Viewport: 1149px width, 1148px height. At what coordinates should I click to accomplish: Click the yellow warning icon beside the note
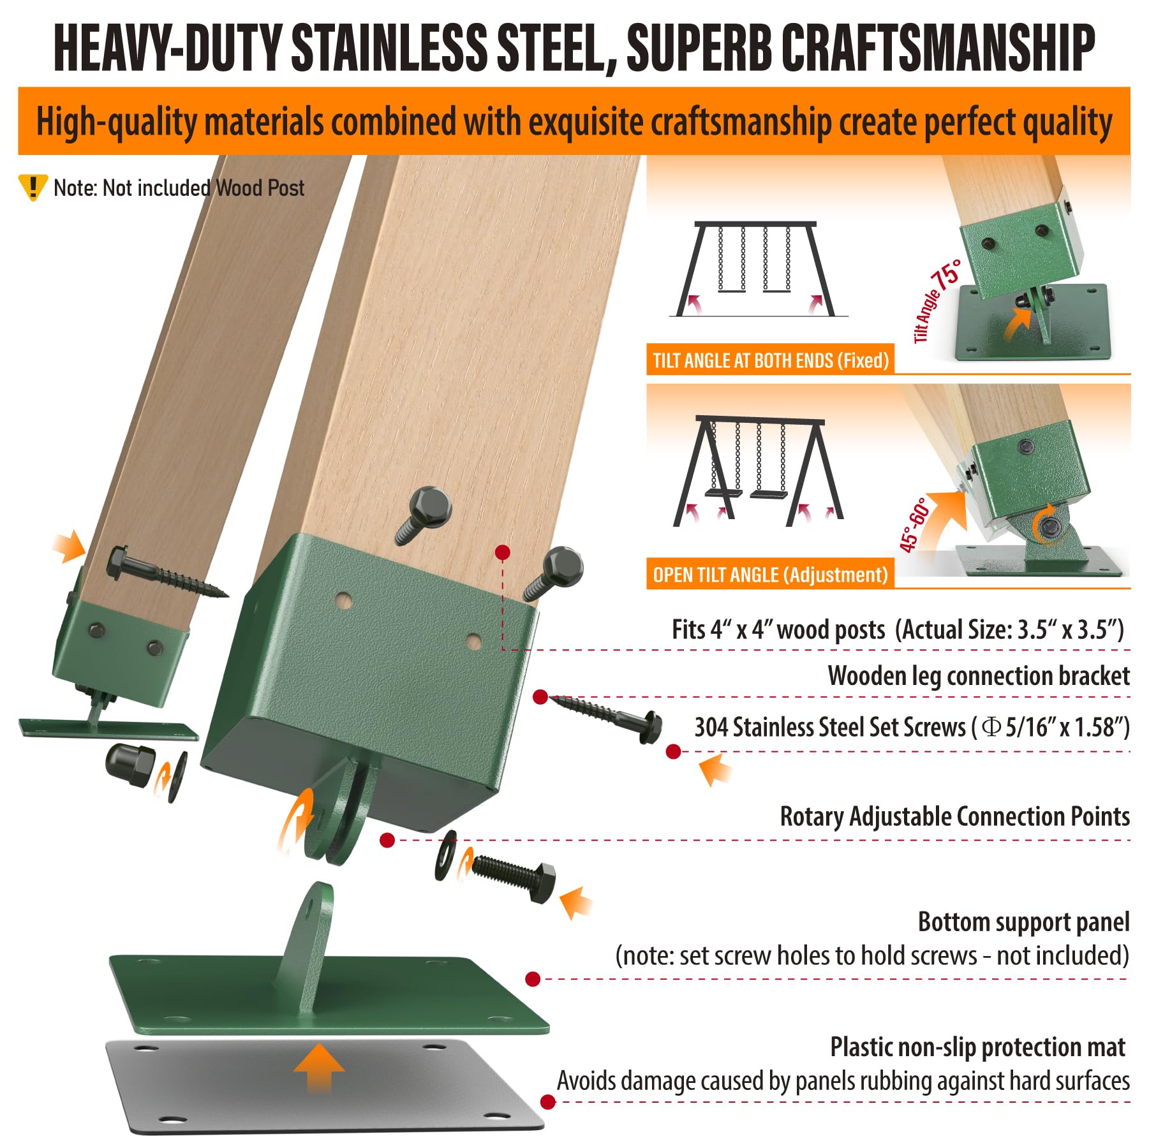tap(32, 188)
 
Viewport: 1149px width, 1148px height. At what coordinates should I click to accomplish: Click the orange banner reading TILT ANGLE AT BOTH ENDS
tap(770, 360)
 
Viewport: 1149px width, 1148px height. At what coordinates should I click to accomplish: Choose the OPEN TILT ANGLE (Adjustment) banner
tap(770, 575)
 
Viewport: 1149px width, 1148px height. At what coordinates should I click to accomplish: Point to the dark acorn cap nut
tap(130, 765)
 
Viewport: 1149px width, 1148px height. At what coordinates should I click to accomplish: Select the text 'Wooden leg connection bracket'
tap(978, 676)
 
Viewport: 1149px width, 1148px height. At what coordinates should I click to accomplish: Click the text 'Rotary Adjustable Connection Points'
tap(954, 817)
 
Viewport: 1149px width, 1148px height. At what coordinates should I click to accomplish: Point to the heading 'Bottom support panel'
tap(1023, 922)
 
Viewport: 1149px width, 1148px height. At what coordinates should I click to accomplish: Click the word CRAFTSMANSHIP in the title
tap(937, 48)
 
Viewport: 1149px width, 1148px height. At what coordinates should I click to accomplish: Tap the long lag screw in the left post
tap(168, 571)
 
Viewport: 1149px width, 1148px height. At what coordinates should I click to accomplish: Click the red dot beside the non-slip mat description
tap(547, 1101)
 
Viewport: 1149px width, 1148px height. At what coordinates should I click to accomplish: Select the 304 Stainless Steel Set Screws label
tap(912, 728)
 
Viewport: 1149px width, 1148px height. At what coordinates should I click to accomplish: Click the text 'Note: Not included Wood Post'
tap(179, 188)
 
